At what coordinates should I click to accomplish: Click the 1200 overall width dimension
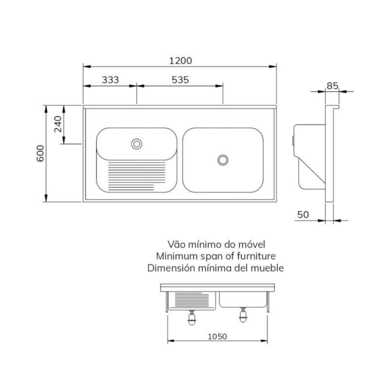pos(180,61)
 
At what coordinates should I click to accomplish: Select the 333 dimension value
pos(110,80)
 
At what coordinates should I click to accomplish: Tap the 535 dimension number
pos(180,80)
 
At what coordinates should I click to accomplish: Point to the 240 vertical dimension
pos(58,124)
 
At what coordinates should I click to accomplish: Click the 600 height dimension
pos(40,153)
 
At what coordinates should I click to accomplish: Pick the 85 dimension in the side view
pos(333,86)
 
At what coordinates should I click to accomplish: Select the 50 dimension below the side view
pos(303,214)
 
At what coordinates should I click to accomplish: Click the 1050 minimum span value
pos(217,336)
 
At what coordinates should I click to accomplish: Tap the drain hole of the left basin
pos(137,143)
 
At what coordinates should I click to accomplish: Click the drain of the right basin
pos(223,160)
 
